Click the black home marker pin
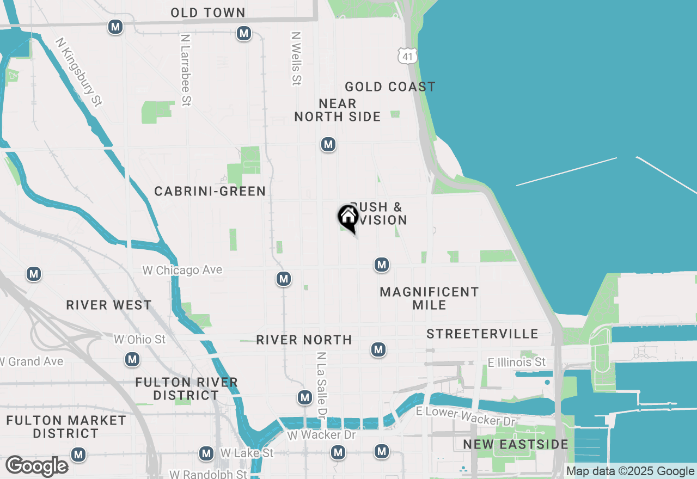tap(348, 218)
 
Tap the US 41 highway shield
tap(407, 54)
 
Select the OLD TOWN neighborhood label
tap(208, 13)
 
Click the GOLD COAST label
tap(390, 87)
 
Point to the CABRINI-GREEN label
tap(210, 191)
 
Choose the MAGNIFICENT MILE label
tap(429, 298)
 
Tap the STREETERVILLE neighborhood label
tap(482, 334)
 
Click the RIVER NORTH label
tap(304, 340)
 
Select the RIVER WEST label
tap(109, 305)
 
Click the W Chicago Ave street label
tap(182, 270)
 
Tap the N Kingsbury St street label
tap(80, 71)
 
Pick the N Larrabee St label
tap(186, 70)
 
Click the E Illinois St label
tap(516, 362)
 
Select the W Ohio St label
tap(139, 339)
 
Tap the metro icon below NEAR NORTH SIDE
tap(328, 144)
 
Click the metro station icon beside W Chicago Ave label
tap(283, 279)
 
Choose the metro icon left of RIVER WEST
tap(34, 274)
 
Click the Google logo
tap(37, 466)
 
